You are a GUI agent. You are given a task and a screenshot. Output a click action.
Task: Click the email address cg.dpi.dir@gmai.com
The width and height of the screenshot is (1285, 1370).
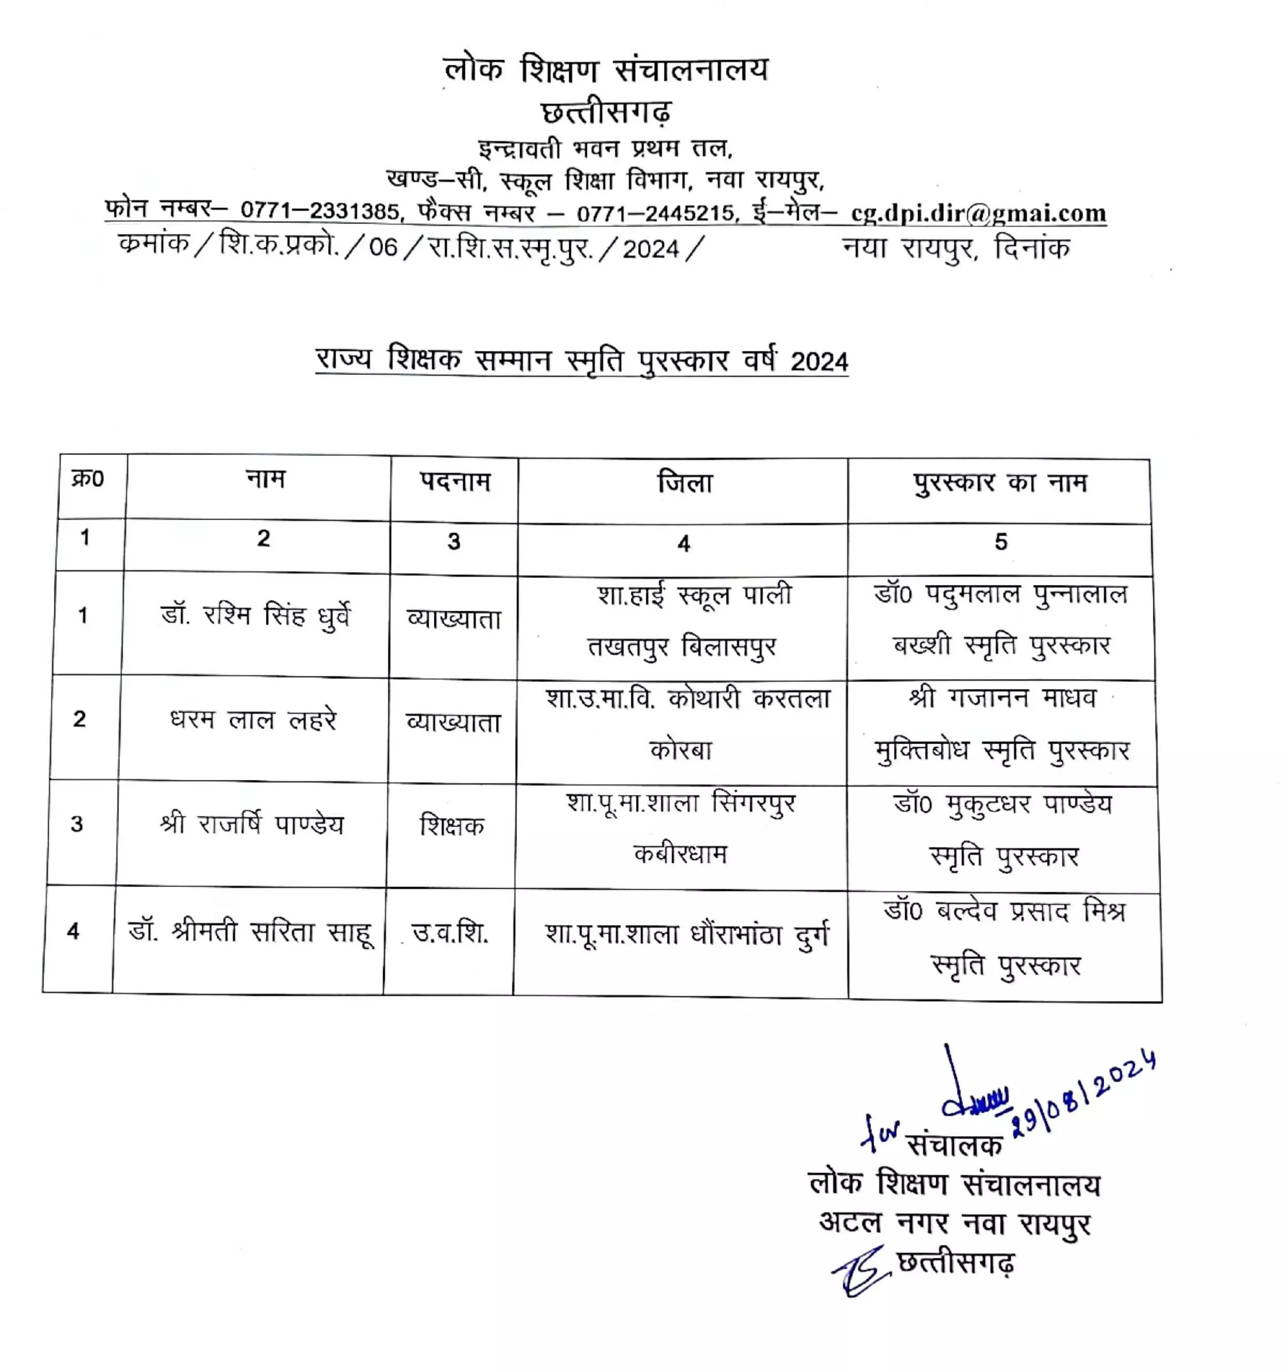[978, 213]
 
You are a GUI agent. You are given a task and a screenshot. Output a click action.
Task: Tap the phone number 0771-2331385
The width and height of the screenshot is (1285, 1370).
[320, 210]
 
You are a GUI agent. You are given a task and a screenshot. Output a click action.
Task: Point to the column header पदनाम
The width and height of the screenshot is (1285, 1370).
[455, 481]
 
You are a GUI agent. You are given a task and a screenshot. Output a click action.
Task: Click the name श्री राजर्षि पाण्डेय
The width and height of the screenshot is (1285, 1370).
[251, 824]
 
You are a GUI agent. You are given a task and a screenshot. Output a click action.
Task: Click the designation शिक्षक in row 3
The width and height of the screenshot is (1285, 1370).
[452, 825]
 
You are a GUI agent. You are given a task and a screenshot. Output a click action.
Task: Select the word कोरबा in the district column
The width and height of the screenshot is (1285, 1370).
[681, 749]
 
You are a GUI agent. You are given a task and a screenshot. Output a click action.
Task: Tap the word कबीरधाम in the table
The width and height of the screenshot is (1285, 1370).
[680, 854]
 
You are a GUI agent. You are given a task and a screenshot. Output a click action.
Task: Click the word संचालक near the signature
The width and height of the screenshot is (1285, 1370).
[954, 1144]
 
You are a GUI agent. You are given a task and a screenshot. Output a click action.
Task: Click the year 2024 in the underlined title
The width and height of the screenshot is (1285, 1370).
[819, 362]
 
